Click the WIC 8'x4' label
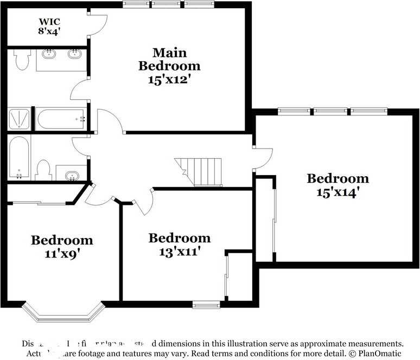pos(49,27)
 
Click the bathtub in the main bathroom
pos(60,119)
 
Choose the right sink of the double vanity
pos(75,54)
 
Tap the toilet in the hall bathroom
pos(43,170)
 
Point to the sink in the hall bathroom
pos(71,175)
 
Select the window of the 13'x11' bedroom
pos(206,305)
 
